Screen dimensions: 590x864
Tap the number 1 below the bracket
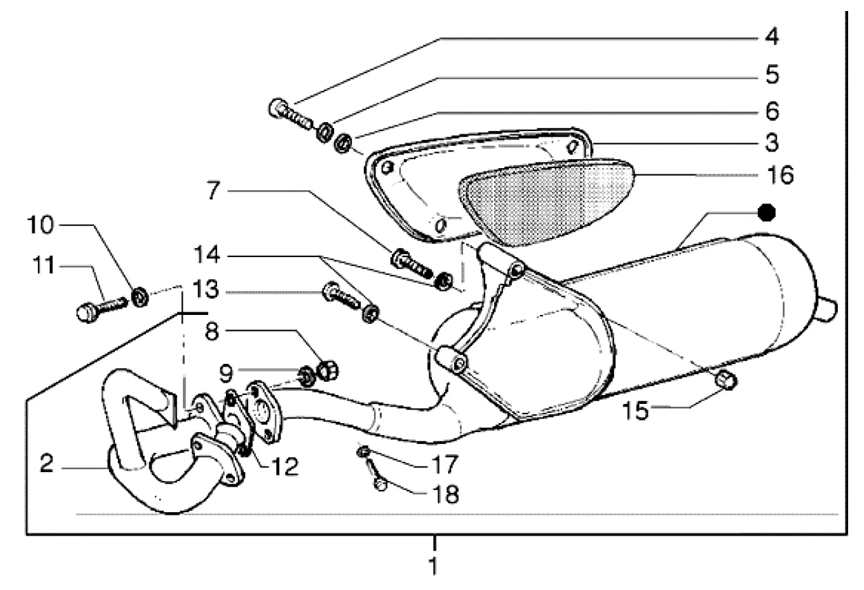pos(433,567)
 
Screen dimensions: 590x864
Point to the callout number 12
pos(284,467)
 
